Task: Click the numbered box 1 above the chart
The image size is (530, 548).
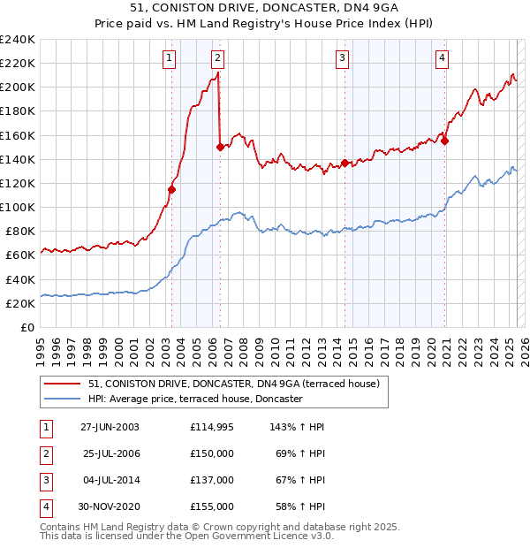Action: (168, 59)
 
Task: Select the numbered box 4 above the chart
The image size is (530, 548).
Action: (442, 59)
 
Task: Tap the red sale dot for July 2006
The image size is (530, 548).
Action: (220, 148)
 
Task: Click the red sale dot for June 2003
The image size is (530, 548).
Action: (172, 189)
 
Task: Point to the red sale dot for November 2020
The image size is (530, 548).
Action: (445, 141)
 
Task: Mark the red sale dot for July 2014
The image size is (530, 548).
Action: (345, 163)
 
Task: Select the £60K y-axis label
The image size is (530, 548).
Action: (20, 255)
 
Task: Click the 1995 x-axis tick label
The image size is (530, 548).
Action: (41, 350)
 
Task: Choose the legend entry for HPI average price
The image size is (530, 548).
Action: (195, 400)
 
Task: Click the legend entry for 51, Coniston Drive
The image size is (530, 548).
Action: (233, 384)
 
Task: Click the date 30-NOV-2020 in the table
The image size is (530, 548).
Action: (110, 506)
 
